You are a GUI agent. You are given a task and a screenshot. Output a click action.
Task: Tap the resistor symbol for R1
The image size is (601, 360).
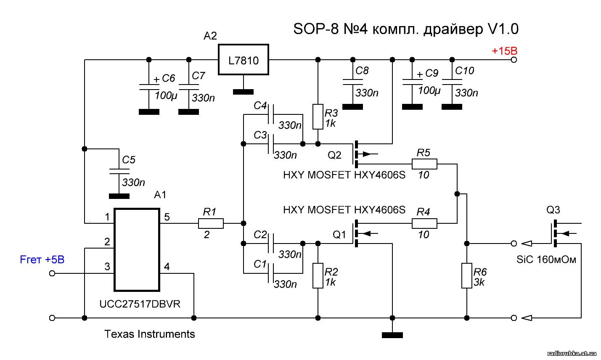click(x=211, y=223)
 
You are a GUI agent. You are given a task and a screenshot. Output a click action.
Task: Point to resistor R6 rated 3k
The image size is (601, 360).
click(x=467, y=276)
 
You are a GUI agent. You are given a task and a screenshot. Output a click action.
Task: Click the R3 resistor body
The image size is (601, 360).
click(x=318, y=116)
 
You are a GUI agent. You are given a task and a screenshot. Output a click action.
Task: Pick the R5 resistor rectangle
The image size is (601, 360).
click(x=424, y=164)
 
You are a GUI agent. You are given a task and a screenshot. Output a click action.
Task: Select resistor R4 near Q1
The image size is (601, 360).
click(x=424, y=223)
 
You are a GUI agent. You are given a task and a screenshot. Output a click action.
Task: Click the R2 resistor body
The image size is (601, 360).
click(x=318, y=276)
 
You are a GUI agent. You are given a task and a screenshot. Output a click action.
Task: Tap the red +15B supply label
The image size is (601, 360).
click(x=504, y=51)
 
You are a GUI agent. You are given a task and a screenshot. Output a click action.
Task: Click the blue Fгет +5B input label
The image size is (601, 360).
click(x=42, y=259)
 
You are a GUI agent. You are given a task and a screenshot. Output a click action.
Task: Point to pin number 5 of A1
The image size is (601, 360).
click(x=167, y=217)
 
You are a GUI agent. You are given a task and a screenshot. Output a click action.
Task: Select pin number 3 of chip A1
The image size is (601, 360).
click(x=107, y=267)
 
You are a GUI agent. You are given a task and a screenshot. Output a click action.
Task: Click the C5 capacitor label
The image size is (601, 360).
click(x=129, y=160)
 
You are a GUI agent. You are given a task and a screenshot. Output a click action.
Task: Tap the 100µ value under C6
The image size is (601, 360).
click(x=166, y=95)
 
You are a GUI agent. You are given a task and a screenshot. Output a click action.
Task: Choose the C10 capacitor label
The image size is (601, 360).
click(x=464, y=71)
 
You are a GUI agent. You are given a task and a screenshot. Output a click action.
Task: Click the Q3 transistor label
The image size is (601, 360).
click(x=553, y=210)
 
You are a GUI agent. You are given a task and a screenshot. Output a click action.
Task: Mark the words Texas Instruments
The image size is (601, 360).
click(x=149, y=334)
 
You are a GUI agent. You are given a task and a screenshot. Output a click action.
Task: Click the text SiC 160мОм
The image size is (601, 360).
click(x=546, y=259)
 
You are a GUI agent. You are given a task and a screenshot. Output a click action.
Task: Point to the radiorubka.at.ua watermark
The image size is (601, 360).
click(x=572, y=354)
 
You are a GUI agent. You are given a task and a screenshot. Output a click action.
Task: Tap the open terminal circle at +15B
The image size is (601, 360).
click(x=514, y=60)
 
